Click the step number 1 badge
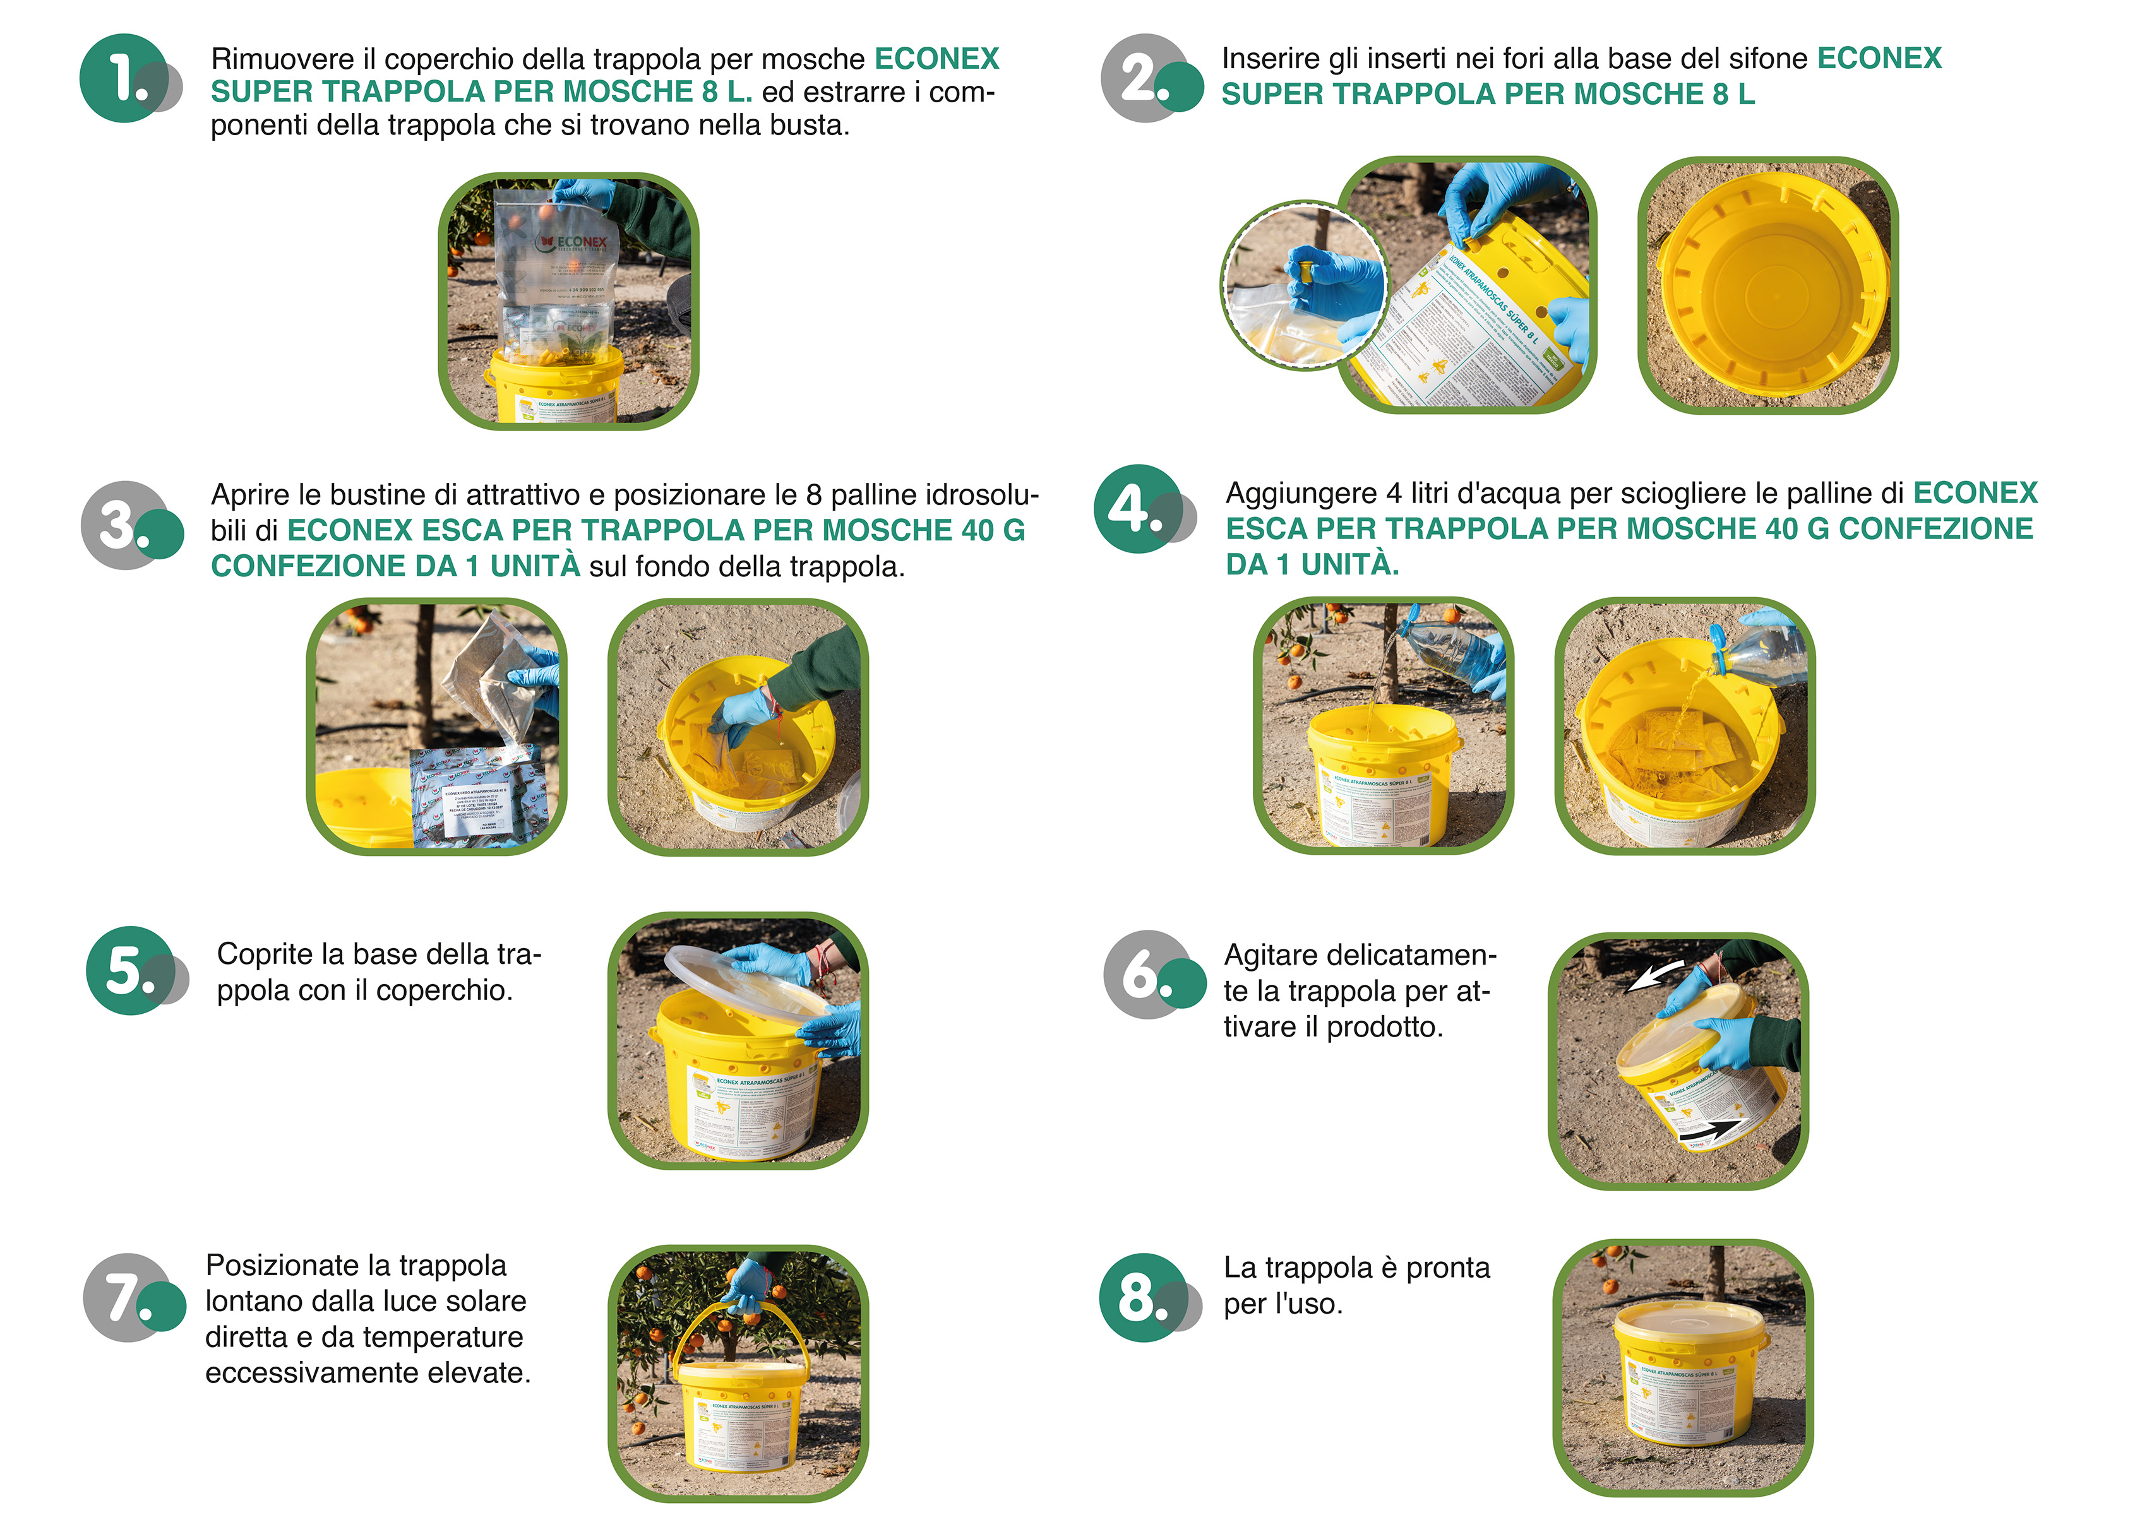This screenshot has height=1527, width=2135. pos(125,78)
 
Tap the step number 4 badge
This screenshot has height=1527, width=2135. pos(1138,509)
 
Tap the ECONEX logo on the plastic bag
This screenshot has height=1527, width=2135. pos(573,242)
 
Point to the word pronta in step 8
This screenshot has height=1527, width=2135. pos(1447,1268)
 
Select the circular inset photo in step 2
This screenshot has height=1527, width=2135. pos(1303,285)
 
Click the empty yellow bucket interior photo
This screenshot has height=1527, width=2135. pos(1767,285)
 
